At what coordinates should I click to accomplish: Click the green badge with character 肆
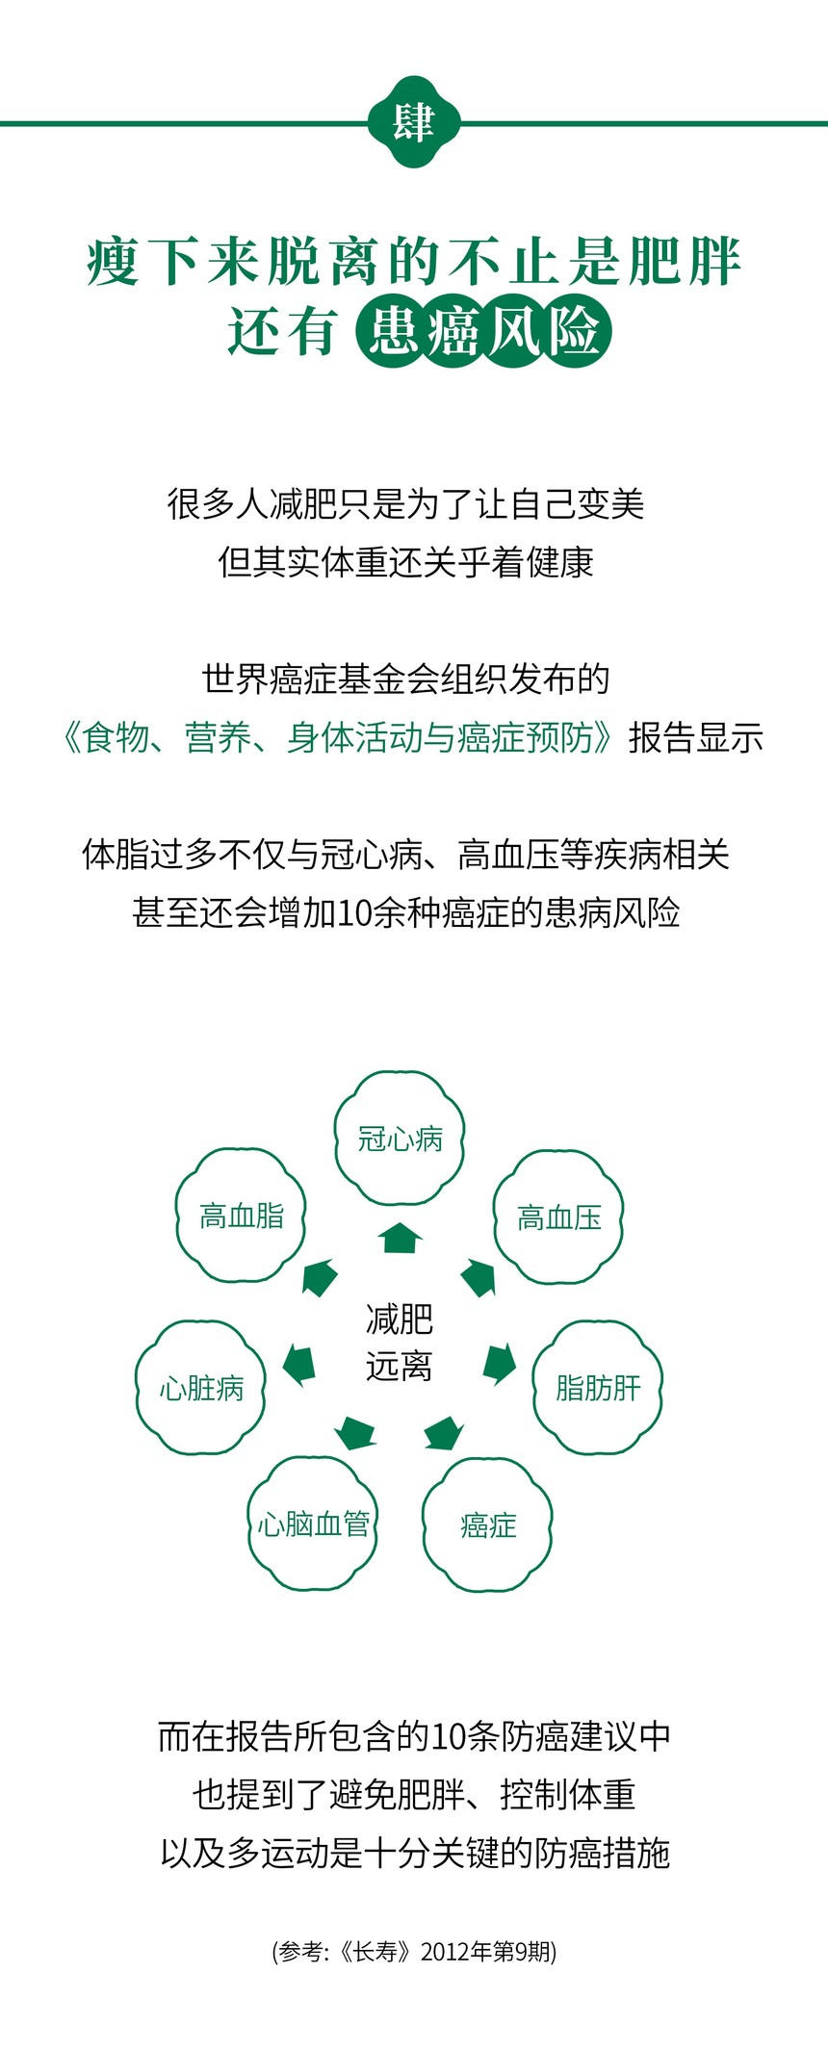414,123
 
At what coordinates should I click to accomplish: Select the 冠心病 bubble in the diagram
400,1139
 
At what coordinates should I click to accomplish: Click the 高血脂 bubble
241,1216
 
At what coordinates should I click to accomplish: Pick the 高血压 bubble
558,1217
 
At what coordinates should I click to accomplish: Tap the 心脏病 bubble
200,1387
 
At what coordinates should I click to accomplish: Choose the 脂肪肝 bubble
598,1387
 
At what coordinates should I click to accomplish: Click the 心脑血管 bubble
313,1524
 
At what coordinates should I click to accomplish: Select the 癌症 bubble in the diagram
487,1524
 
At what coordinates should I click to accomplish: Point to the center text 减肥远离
400,1342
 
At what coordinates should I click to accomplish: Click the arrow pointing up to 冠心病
401,1238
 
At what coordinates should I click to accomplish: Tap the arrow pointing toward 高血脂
320,1277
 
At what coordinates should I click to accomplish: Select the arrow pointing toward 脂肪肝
499,1364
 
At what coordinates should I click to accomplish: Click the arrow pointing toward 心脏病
299,1365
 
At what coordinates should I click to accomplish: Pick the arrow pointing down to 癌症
444,1433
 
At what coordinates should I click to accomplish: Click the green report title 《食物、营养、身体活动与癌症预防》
339,738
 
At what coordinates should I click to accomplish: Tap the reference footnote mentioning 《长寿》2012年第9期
414,1951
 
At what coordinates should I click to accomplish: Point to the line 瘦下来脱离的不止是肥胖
414,261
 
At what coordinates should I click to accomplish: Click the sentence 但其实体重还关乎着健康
405,562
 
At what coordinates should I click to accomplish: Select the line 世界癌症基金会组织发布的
405,679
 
